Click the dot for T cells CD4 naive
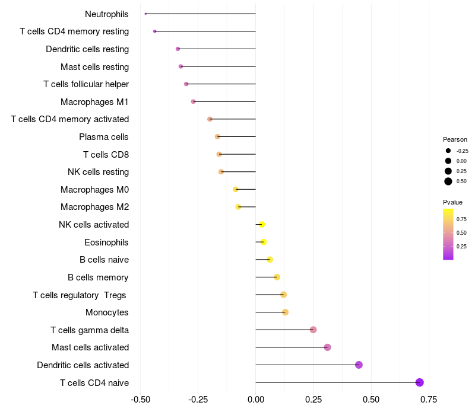[x=420, y=382]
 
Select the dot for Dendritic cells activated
[x=359, y=365]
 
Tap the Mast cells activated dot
[x=327, y=347]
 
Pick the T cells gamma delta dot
[x=313, y=330]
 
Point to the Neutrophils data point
[x=145, y=14]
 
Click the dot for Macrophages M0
[x=236, y=189]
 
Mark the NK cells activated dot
[x=261, y=224]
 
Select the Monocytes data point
[x=285, y=312]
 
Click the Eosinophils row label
[x=106, y=242]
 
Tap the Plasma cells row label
[x=103, y=137]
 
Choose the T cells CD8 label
[x=106, y=155]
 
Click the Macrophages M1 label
[x=94, y=102]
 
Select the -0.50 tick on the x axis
[x=140, y=400]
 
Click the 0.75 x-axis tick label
[x=429, y=400]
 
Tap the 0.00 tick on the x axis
[x=255, y=400]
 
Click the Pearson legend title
[x=455, y=139]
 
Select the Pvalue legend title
[x=452, y=202]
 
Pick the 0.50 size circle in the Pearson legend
[x=448, y=181]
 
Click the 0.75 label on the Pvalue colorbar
[x=461, y=219]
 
